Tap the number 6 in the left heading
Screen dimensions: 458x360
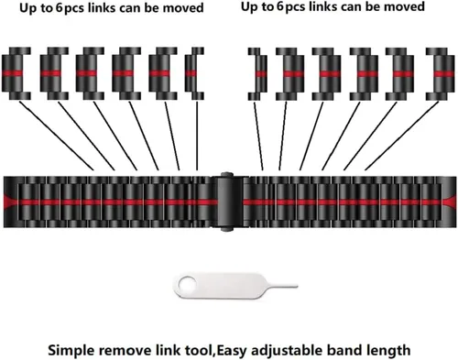(x=59, y=7)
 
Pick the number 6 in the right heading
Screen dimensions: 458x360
(x=280, y=6)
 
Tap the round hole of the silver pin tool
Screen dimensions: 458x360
(x=186, y=284)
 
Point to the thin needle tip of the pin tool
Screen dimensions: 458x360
(x=297, y=287)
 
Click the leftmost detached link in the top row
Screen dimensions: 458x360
(x=16, y=73)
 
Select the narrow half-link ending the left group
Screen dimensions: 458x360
(x=194, y=73)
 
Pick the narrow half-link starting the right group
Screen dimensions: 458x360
(x=257, y=74)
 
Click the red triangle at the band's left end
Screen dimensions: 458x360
(x=11, y=202)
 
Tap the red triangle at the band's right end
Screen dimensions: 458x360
(x=449, y=202)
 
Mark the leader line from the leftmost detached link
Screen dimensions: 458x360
(x=57, y=136)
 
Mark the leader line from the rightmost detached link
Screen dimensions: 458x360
(x=402, y=136)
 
